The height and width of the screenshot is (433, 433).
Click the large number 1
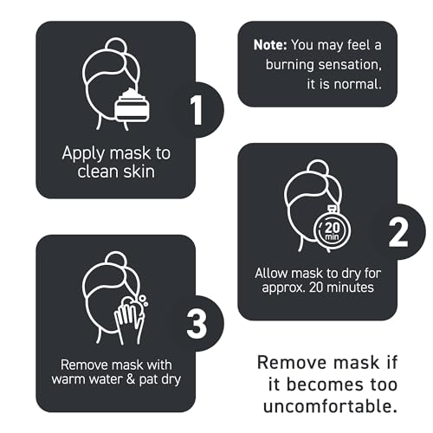(197, 111)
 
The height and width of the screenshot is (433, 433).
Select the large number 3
(197, 324)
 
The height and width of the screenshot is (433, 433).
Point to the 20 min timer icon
(332, 229)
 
